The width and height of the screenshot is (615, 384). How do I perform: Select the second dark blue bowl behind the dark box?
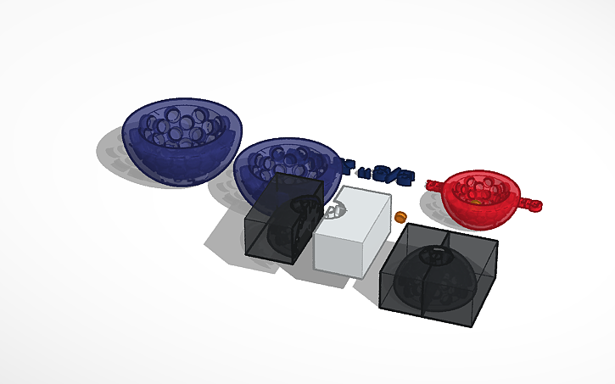254,165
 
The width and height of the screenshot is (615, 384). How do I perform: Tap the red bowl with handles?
481,203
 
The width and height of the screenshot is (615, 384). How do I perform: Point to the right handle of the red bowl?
532,204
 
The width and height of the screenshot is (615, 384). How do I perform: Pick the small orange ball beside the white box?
399,218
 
